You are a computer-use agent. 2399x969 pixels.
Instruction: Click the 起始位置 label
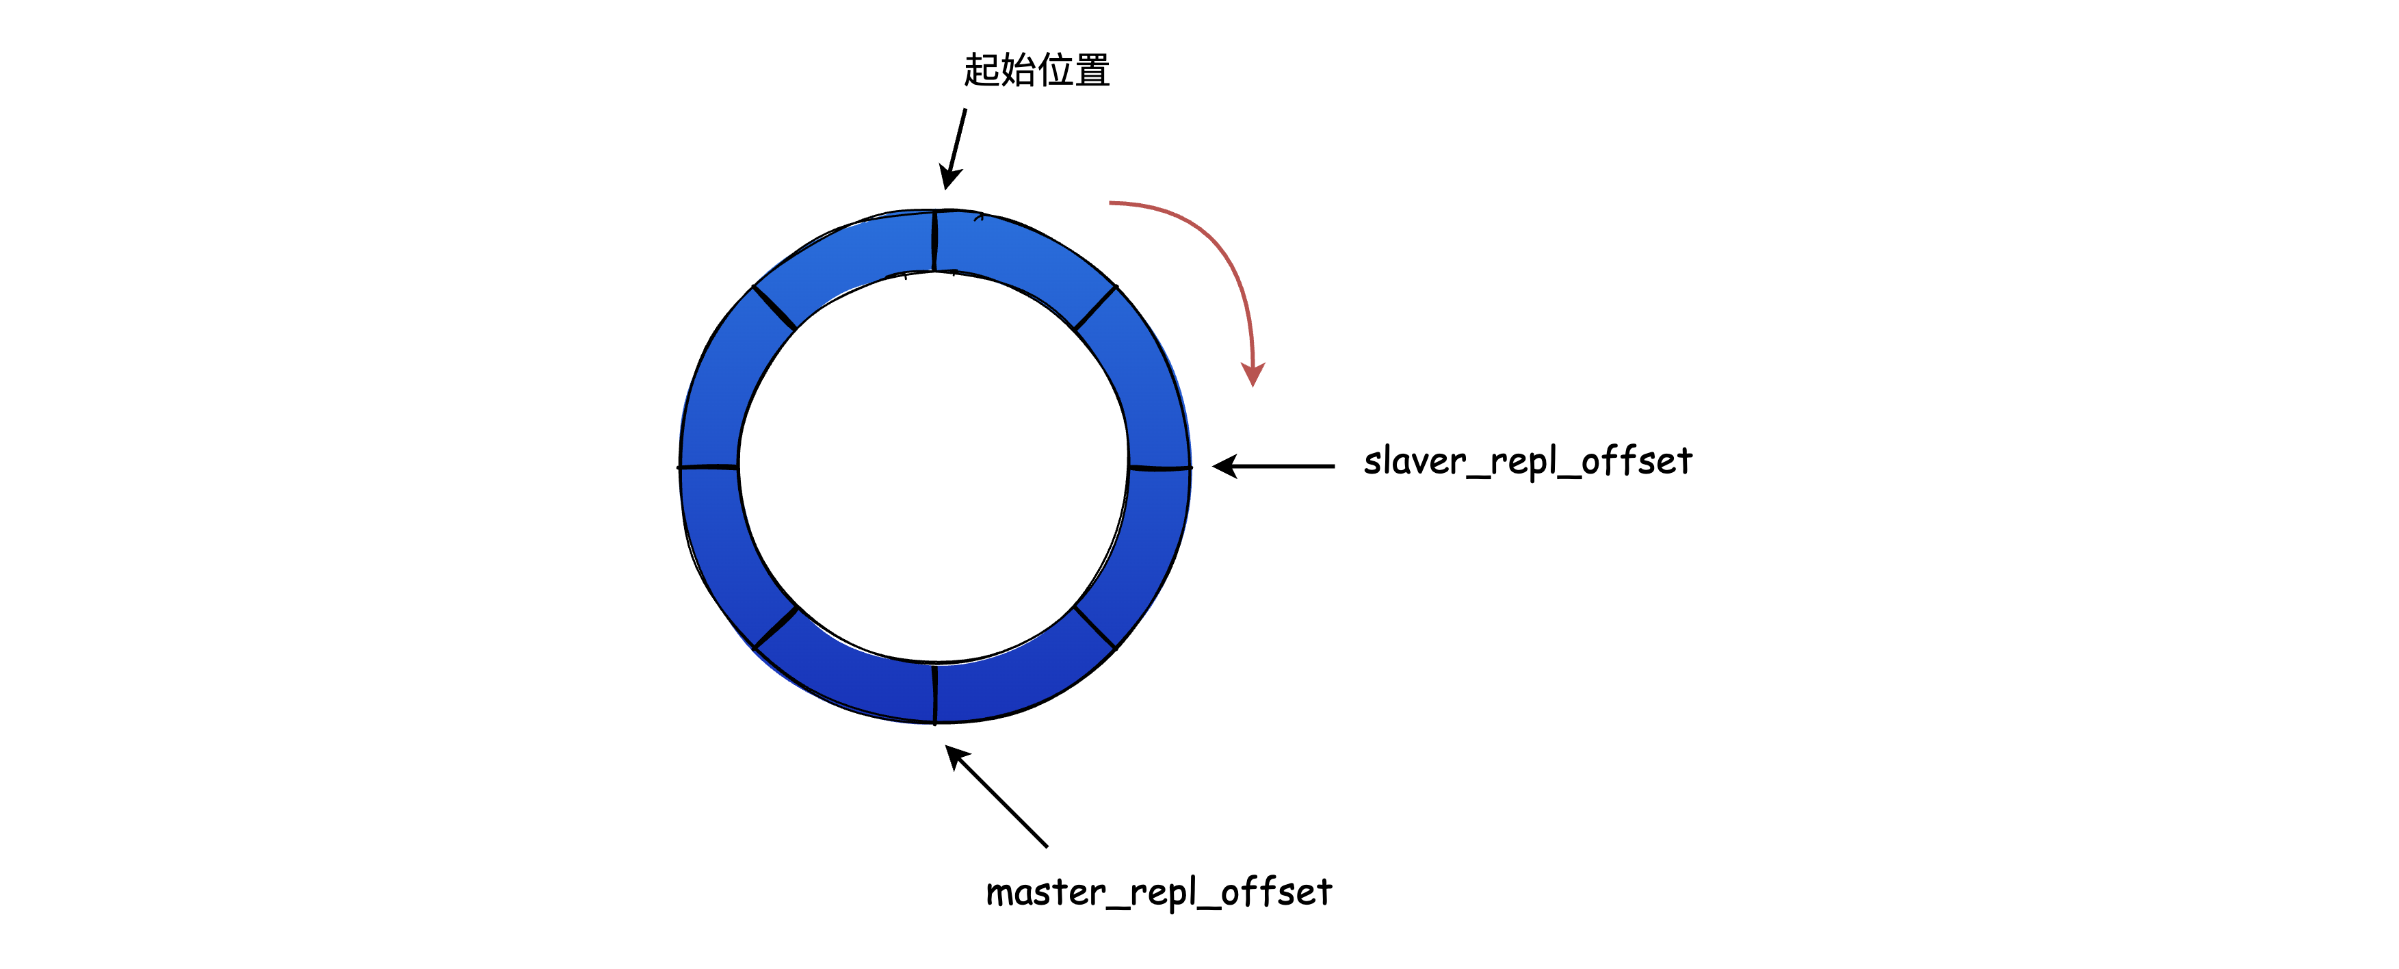[x=1036, y=70]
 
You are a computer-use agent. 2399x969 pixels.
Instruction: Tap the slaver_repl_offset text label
[x=1528, y=462]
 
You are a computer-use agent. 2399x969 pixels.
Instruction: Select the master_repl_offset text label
[x=1159, y=892]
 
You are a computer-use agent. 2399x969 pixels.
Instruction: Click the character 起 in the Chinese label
[x=981, y=70]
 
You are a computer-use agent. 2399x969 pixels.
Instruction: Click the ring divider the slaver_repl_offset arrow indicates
[x=1159, y=467]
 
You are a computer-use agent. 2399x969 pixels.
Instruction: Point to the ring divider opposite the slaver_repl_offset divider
[x=709, y=466]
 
